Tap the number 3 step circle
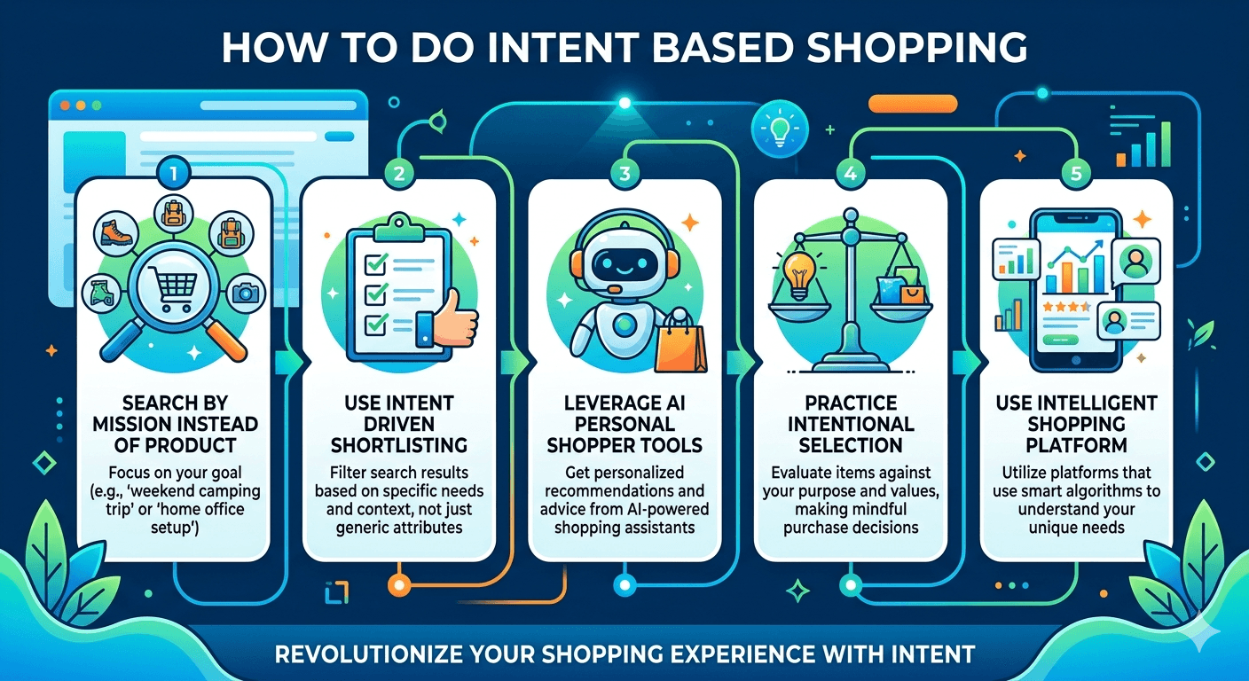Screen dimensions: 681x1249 [x=624, y=174]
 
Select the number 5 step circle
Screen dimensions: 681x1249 [x=1076, y=174]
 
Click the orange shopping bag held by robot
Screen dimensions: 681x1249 [x=680, y=342]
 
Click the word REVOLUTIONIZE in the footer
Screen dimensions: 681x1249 [x=373, y=654]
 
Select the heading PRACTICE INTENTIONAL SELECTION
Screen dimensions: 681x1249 [x=851, y=424]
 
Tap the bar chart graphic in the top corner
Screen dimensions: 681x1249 [x=1144, y=142]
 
